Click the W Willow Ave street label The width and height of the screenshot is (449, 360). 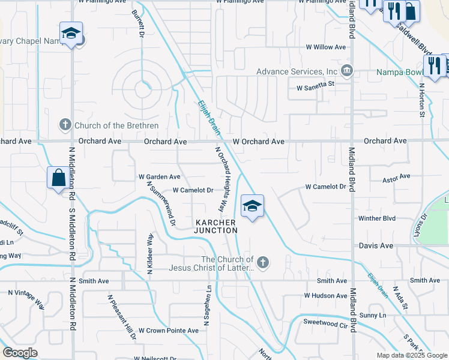[326, 47]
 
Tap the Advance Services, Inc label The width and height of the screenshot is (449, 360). [297, 71]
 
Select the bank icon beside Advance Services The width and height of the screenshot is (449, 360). [347, 72]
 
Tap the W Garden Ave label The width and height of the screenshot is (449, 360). [160, 177]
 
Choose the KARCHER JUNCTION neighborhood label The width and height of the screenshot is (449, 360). [216, 226]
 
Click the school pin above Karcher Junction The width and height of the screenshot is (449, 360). [252, 206]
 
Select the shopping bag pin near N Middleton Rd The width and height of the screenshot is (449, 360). [58, 178]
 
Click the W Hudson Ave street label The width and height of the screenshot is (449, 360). [325, 295]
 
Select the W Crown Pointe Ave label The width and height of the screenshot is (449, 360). [168, 331]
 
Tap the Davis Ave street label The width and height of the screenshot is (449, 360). [376, 246]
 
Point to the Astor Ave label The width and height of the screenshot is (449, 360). [396, 177]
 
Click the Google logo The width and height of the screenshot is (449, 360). [20, 353]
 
